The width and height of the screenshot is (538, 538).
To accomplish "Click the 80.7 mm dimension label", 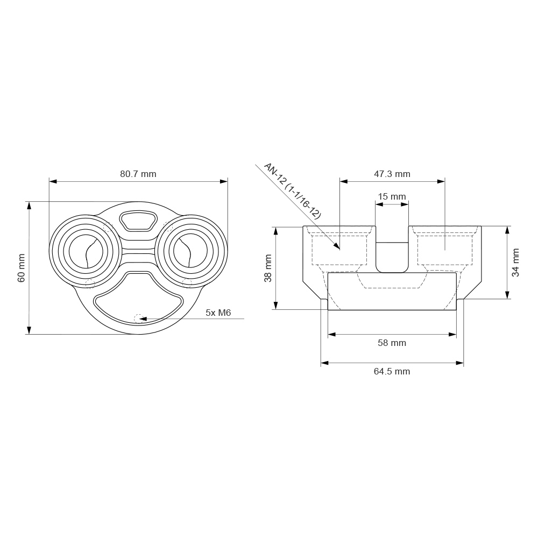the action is click(138, 174).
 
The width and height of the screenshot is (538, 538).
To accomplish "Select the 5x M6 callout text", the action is click(218, 313).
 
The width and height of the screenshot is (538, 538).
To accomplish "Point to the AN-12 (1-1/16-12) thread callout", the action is click(292, 191).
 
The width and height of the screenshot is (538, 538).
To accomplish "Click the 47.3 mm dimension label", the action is click(392, 174).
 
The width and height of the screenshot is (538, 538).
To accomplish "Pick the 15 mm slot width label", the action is click(392, 196).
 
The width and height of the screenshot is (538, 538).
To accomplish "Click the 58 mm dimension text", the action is click(392, 343).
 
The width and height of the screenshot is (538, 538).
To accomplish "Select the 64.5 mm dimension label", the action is click(392, 371).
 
